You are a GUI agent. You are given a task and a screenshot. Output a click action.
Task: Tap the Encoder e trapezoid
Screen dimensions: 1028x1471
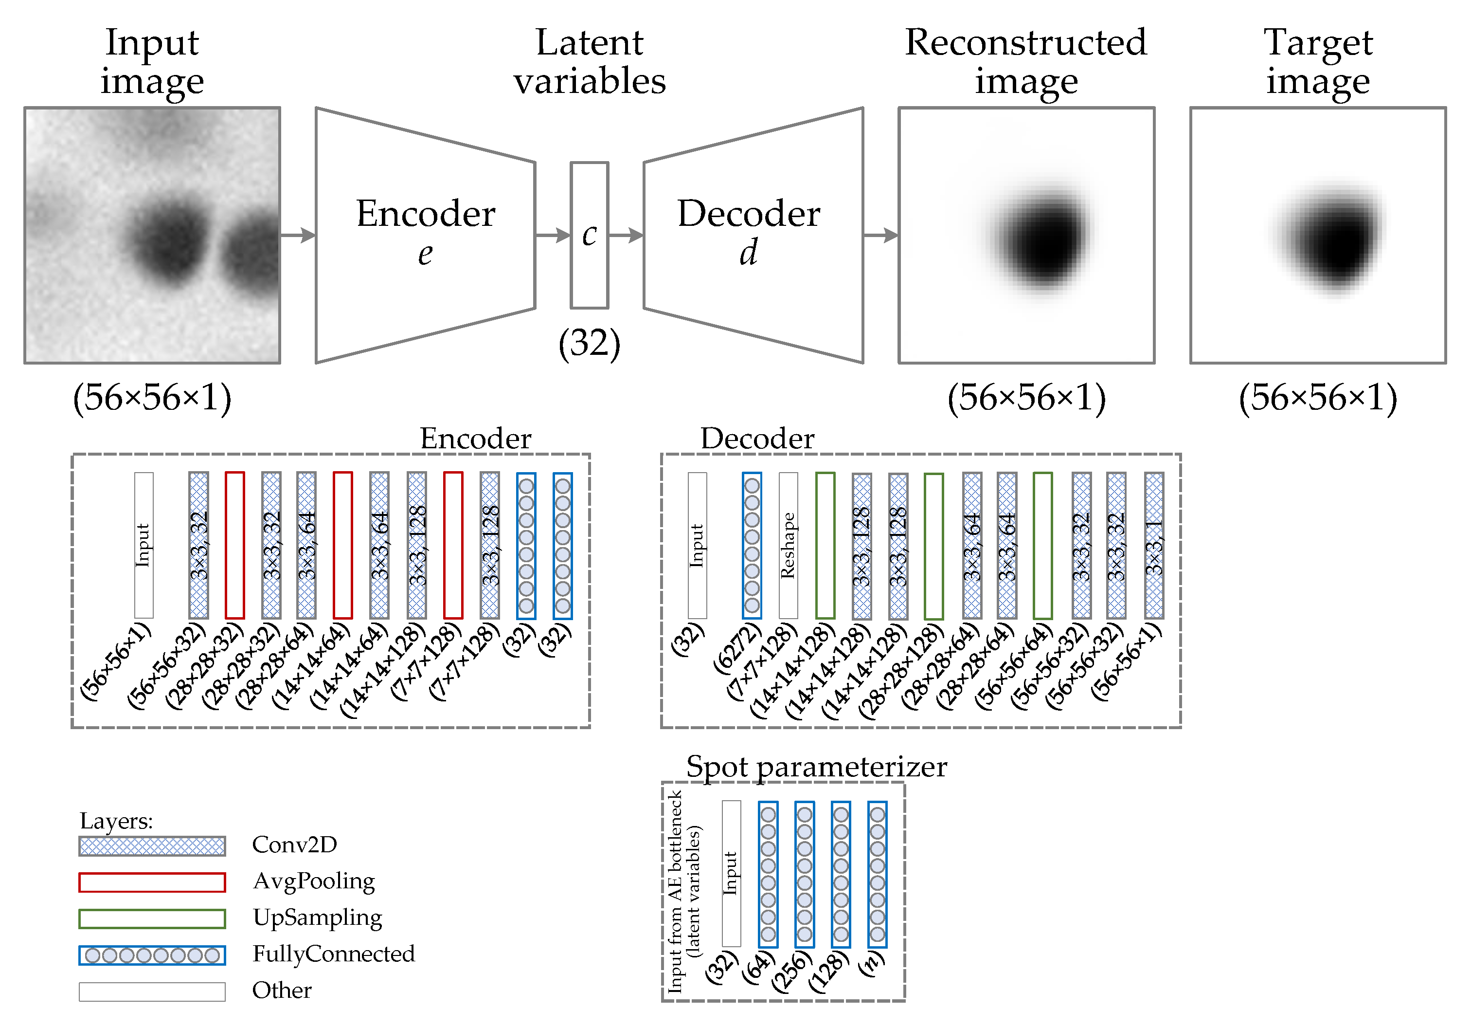[426, 235]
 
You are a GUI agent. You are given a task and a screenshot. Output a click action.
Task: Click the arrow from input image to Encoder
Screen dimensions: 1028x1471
[298, 235]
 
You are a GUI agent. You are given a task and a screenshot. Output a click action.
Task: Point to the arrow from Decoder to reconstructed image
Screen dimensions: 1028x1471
[881, 235]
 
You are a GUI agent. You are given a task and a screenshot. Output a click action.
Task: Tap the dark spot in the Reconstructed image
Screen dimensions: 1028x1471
[1044, 240]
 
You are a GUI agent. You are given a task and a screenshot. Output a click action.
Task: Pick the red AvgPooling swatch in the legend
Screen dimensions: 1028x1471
[152, 882]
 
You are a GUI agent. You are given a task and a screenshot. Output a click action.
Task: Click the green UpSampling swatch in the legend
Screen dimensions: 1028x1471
[152, 918]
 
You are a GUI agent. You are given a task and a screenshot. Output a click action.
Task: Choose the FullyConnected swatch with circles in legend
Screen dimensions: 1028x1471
[152, 955]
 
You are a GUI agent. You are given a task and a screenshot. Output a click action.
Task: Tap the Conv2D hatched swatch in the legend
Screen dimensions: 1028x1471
[152, 845]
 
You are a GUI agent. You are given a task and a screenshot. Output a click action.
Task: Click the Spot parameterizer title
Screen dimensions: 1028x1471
[816, 767]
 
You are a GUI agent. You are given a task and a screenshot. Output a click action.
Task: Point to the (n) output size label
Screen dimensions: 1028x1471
[872, 964]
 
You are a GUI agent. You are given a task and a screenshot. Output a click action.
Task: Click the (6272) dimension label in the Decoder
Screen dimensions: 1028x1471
[737, 647]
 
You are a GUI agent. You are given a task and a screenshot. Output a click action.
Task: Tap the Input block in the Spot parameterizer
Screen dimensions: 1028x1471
[731, 873]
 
